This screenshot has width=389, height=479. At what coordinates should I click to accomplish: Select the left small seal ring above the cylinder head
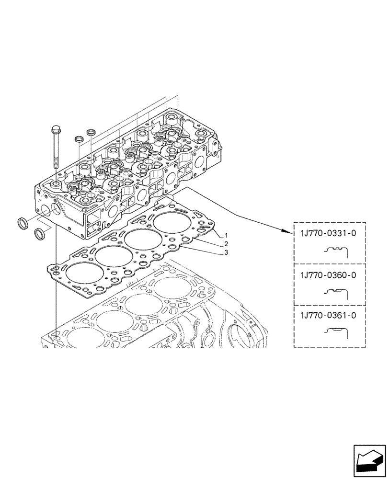[79, 139]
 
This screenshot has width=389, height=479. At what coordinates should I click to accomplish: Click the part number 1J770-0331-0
[328, 234]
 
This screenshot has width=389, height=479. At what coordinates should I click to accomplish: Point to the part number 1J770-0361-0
[328, 316]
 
